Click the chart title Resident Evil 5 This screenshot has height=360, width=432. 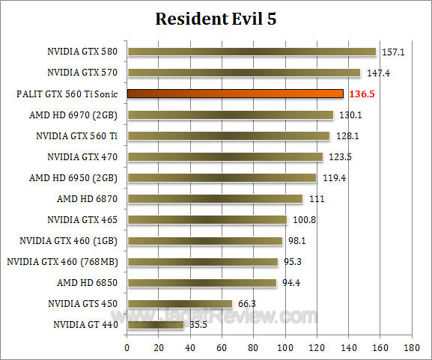[x=216, y=19]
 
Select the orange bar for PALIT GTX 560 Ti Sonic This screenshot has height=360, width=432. [x=235, y=94]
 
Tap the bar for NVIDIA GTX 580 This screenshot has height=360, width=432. [x=252, y=52]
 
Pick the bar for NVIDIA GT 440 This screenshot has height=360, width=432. [x=155, y=324]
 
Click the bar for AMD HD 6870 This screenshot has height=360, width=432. [x=215, y=198]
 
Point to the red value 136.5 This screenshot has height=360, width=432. [x=362, y=94]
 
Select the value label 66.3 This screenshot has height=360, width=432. [x=246, y=304]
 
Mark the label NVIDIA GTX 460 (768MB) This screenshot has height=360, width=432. [x=64, y=261]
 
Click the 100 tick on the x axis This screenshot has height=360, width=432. [x=285, y=348]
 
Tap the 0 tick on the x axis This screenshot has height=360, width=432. [x=127, y=348]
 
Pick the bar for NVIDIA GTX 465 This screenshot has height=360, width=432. [x=207, y=219]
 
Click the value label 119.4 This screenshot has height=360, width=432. [x=332, y=178]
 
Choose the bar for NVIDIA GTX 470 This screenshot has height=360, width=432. [x=225, y=156]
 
